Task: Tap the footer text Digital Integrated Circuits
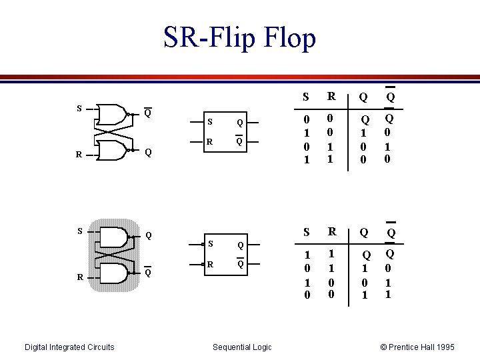(x=69, y=347)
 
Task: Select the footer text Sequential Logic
(x=242, y=347)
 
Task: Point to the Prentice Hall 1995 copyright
(x=417, y=347)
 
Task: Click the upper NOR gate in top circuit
(x=111, y=115)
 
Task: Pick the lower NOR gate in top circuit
(x=111, y=151)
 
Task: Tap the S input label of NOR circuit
(x=79, y=108)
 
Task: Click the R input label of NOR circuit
(x=79, y=155)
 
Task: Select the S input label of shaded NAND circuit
(x=79, y=231)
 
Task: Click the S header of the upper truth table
(x=306, y=97)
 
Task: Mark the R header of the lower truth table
(x=331, y=233)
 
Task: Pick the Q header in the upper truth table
(x=363, y=97)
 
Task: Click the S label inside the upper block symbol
(x=210, y=122)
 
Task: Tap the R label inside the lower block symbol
(x=210, y=265)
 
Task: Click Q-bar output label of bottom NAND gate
(x=148, y=273)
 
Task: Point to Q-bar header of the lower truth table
(x=391, y=233)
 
